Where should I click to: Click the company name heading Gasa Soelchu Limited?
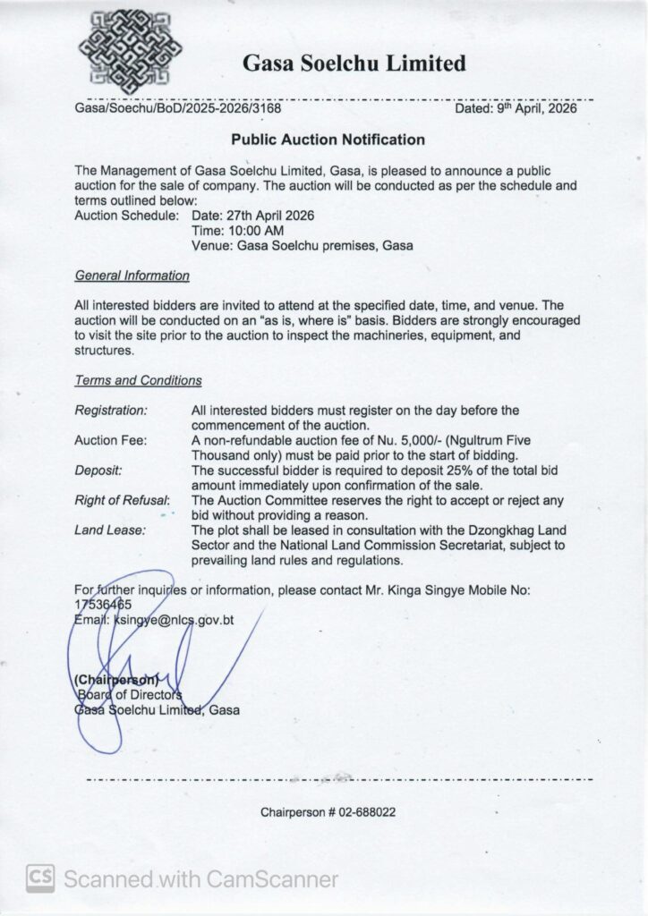point(354,64)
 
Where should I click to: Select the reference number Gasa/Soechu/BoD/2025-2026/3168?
point(178,108)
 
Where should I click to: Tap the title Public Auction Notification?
point(328,140)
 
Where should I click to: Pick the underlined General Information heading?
point(132,276)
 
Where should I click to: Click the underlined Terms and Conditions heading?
point(138,380)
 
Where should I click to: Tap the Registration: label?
point(111,410)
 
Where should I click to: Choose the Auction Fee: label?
point(109,439)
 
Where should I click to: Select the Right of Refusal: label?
point(122,500)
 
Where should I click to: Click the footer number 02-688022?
point(362,813)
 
